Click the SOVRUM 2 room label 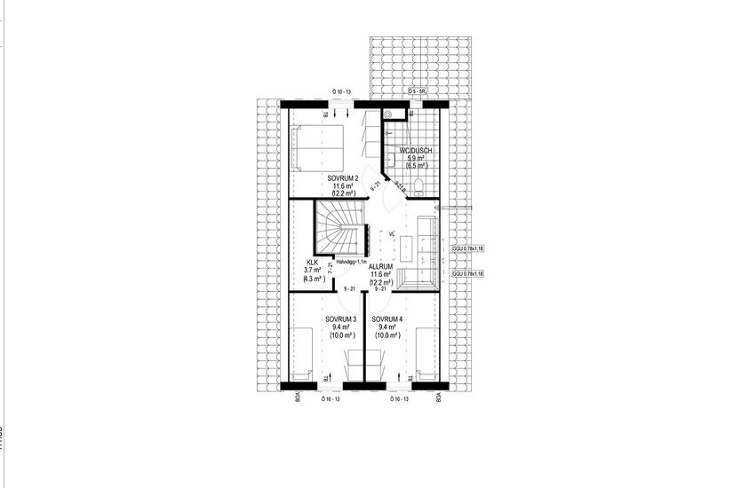(x=343, y=177)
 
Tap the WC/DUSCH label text (x=416, y=151)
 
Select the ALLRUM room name (x=381, y=265)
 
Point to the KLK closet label (x=312, y=263)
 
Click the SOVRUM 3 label (x=341, y=319)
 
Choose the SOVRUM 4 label (x=387, y=319)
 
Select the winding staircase (x=339, y=225)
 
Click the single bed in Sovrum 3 (x=302, y=352)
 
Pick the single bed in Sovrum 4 (x=427, y=352)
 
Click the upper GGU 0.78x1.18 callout (x=467, y=249)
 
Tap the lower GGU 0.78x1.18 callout (x=467, y=274)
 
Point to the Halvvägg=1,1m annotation (x=349, y=262)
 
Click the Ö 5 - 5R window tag (x=418, y=91)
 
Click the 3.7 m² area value (x=312, y=271)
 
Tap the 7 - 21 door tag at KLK (x=331, y=266)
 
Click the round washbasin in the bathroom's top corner (x=389, y=114)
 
